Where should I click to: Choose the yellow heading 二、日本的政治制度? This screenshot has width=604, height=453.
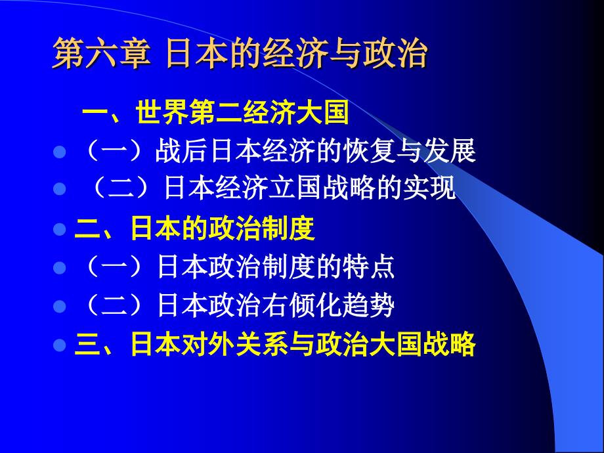tap(196, 230)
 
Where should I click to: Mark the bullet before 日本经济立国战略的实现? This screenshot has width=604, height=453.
tap(59, 190)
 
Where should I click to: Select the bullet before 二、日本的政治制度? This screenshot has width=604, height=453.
tap(59, 230)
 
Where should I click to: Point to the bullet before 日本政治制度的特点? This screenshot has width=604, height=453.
tap(59, 269)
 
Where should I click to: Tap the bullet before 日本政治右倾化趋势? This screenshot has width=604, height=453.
tap(59, 307)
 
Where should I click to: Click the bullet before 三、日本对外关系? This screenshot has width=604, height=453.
tap(59, 345)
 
